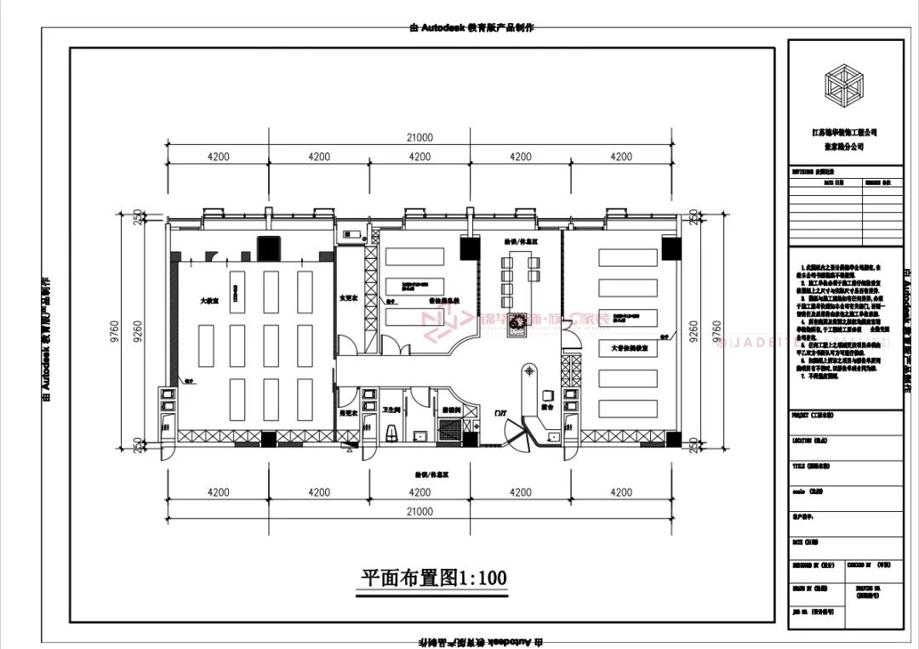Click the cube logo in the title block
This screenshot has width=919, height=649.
pos(844,84)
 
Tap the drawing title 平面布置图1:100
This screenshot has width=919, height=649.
pos(434,578)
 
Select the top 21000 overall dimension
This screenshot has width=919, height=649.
pos(419,137)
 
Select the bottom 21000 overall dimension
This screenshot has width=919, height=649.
pos(419,512)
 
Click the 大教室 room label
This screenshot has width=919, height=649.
pos(208,301)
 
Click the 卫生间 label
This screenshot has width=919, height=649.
pos(391,410)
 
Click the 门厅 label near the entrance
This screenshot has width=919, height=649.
pos(500,413)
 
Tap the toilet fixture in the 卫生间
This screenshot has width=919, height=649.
pos(391,434)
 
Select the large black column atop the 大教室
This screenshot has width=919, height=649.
pos(270,248)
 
